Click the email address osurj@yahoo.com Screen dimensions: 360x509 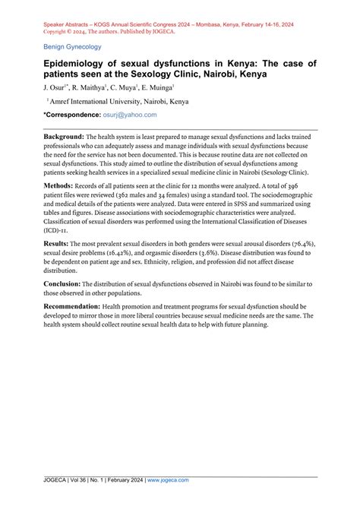(130, 115)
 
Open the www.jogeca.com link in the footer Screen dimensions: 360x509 (169, 481)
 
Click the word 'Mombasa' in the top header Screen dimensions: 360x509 (232, 24)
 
